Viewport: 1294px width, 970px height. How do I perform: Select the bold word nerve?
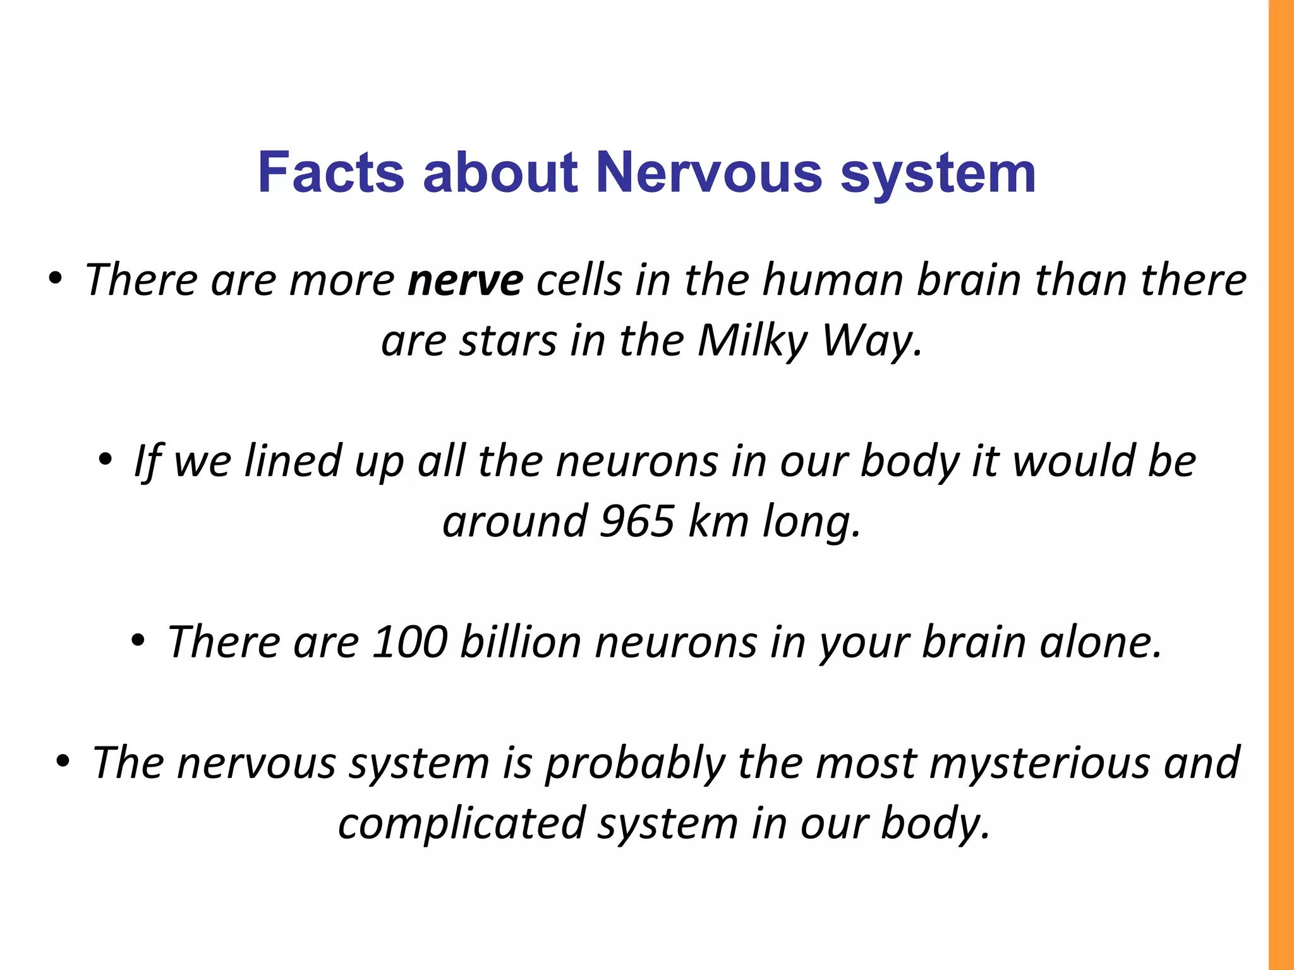coord(465,280)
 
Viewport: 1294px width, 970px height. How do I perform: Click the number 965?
coord(637,522)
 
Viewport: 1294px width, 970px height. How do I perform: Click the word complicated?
coord(462,823)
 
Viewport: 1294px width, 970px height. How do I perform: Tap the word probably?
coord(634,763)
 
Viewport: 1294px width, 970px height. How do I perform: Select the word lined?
coord(293,461)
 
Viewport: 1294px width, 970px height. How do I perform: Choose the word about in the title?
coord(500,172)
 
